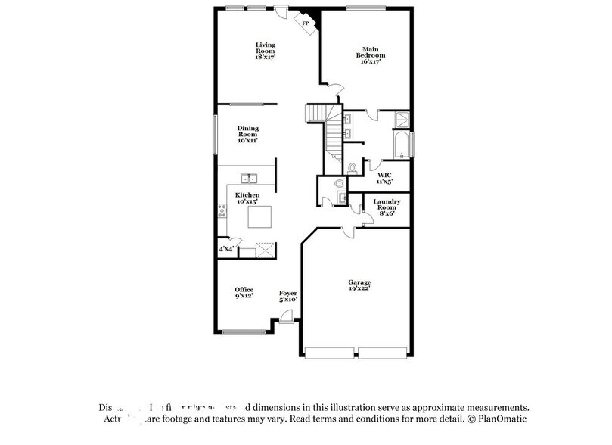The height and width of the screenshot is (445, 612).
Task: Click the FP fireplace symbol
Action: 307,23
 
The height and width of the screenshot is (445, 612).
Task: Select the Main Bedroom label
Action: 371,55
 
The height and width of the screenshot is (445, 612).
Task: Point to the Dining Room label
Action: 248,134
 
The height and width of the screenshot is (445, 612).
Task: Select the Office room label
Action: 244,292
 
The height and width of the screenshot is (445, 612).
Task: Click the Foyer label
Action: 287,296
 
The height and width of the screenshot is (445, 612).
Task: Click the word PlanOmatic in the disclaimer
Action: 503,419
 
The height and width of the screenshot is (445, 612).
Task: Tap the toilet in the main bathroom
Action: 353,168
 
